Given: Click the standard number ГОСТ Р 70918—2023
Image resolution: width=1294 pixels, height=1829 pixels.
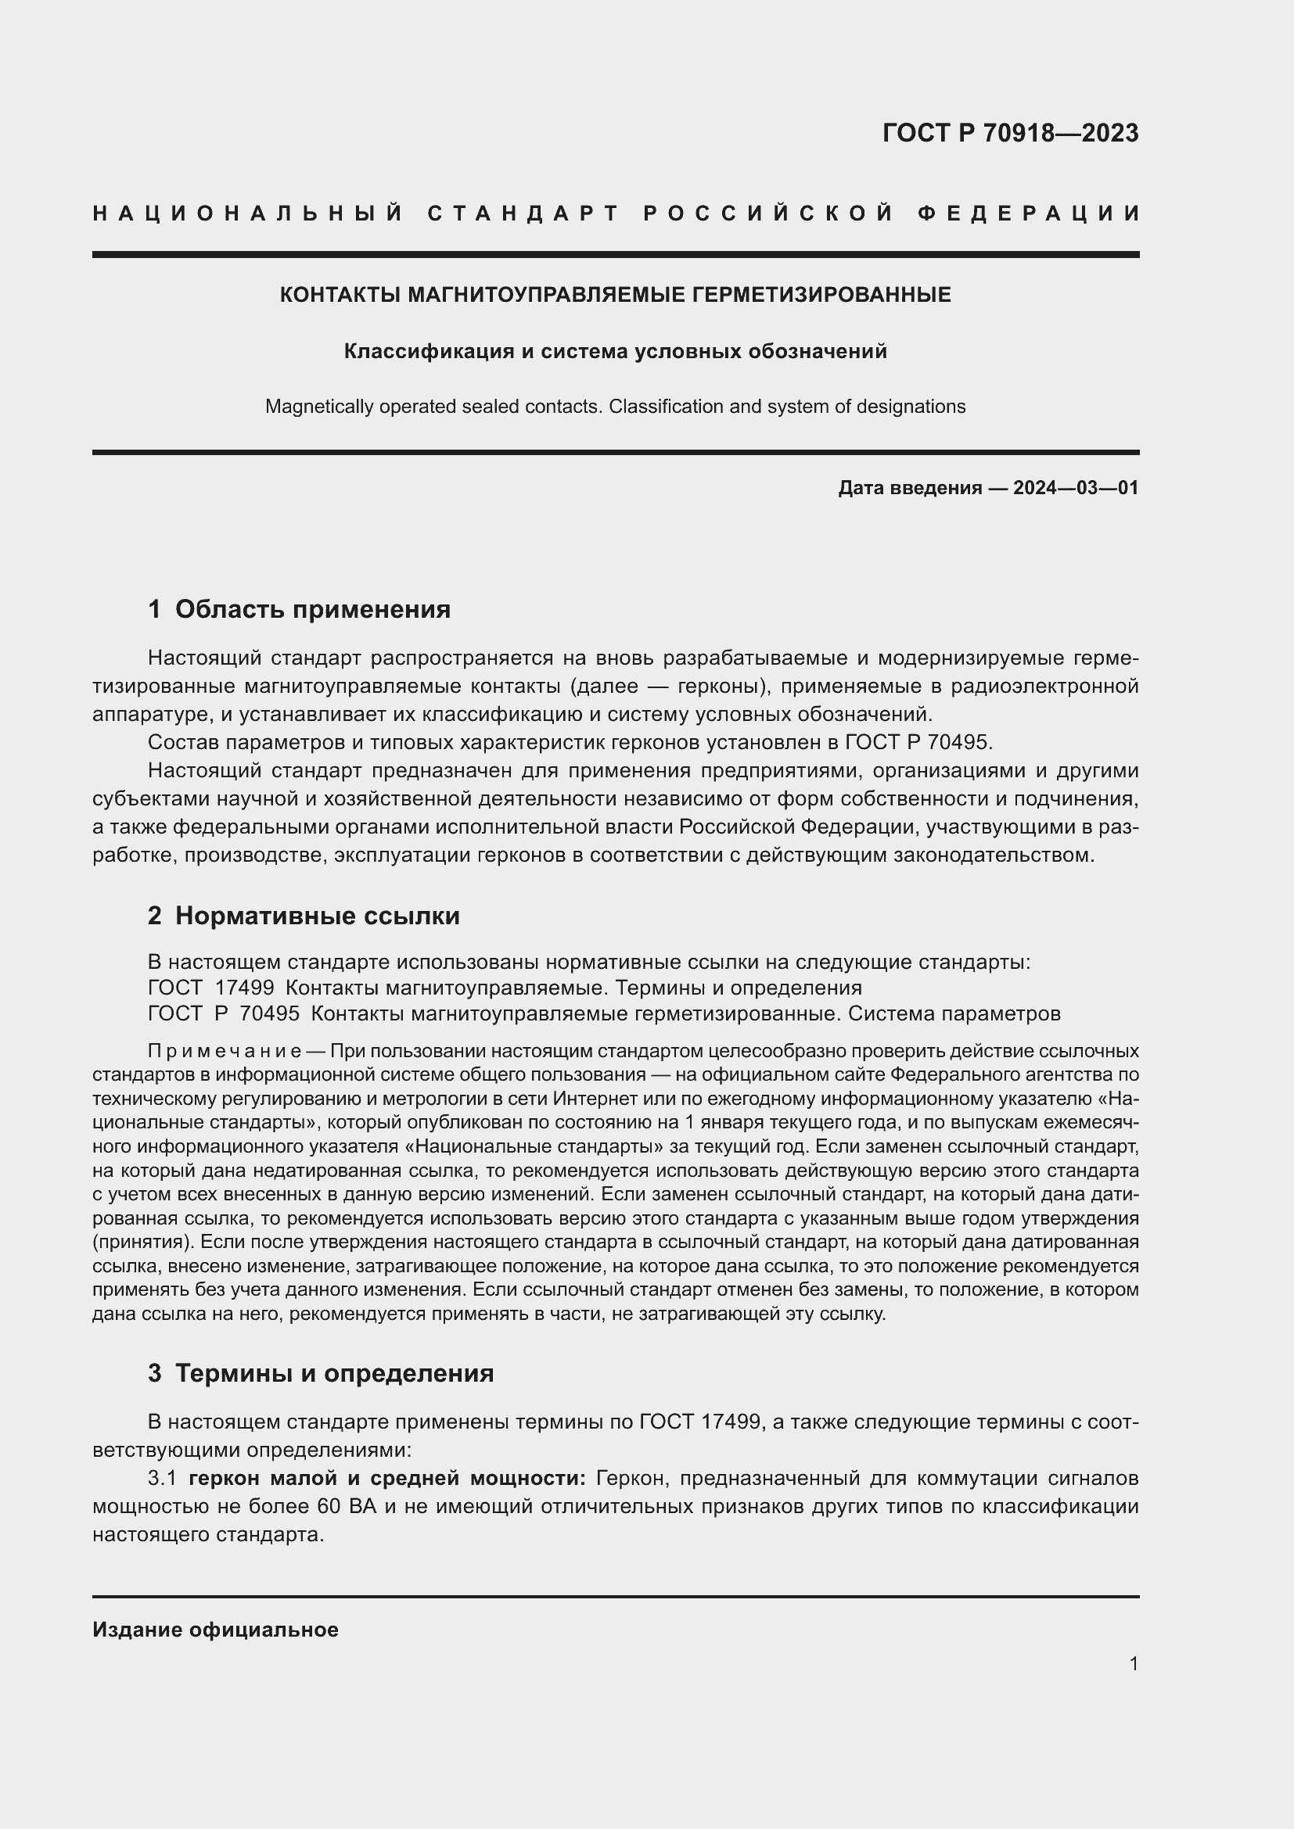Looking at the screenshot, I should click(1009, 133).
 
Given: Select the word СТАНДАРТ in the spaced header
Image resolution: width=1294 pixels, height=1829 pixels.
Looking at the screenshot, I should click(523, 213).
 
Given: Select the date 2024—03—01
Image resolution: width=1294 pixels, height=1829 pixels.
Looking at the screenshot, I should click(1076, 487).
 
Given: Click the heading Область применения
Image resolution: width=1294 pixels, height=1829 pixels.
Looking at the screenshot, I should click(312, 609).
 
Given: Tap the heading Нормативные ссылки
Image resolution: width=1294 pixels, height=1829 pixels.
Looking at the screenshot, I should click(317, 916).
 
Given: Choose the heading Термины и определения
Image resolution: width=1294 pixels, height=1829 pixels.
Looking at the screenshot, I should click(334, 1373).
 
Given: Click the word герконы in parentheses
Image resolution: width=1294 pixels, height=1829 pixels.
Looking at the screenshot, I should click(721, 686).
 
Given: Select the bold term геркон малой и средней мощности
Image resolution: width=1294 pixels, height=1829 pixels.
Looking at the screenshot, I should click(387, 1479).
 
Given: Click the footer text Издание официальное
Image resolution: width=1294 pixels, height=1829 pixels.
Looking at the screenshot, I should click(215, 1630).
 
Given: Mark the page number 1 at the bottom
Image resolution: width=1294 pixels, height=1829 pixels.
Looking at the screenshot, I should click(1134, 1663).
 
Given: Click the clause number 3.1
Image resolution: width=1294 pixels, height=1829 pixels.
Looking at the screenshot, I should click(162, 1479).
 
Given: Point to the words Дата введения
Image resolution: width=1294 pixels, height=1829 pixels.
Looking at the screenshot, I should click(909, 487).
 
